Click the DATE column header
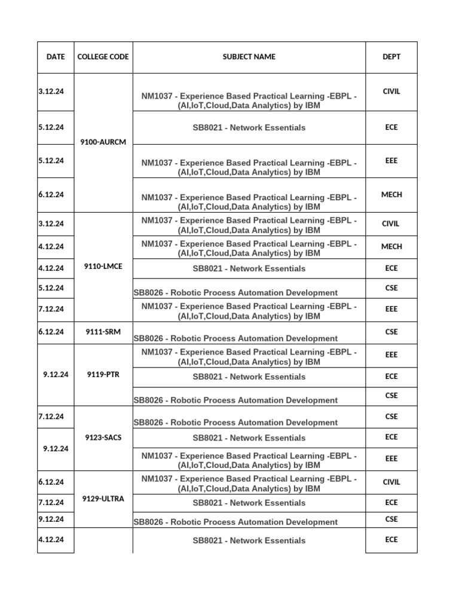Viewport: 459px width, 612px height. pyautogui.click(x=56, y=57)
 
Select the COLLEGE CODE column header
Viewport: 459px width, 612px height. pyautogui.click(x=103, y=57)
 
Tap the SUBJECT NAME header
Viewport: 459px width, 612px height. pyautogui.click(x=249, y=57)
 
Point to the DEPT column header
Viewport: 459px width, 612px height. pyautogui.click(x=391, y=57)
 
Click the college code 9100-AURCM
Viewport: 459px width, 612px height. pyautogui.click(x=103, y=142)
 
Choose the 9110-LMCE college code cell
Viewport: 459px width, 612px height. pyautogui.click(x=103, y=267)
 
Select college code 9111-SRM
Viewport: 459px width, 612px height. pyautogui.click(x=103, y=332)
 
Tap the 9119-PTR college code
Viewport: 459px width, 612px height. pyautogui.click(x=103, y=375)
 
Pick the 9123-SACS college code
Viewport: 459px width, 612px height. pyautogui.click(x=103, y=437)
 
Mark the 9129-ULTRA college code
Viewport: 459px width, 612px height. pyautogui.click(x=103, y=498)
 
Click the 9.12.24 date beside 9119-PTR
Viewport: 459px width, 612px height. pyautogui.click(x=56, y=375)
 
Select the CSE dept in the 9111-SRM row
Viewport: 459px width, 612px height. pyautogui.click(x=391, y=332)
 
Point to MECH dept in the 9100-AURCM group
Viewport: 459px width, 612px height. pyautogui.click(x=391, y=194)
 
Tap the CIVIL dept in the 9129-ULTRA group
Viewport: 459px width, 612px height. pyautogui.click(x=391, y=482)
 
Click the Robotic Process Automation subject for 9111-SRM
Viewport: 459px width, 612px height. pyautogui.click(x=235, y=338)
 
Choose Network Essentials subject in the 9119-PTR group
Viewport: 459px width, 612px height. pyautogui.click(x=249, y=377)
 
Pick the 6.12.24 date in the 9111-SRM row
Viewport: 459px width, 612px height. pyautogui.click(x=51, y=332)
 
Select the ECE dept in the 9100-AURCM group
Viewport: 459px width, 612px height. pyautogui.click(x=391, y=127)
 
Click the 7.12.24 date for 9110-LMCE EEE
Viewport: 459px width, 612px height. pyautogui.click(x=51, y=309)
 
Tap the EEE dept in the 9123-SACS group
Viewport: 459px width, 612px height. pyautogui.click(x=391, y=458)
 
